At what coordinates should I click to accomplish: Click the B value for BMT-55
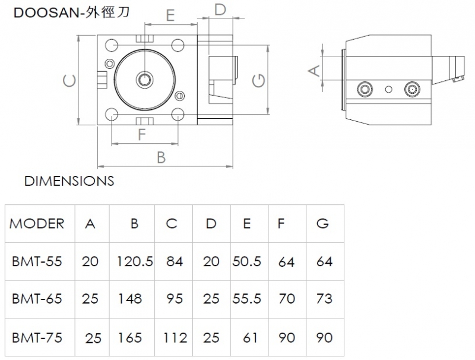(135, 261)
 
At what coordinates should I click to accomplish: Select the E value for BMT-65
(246, 299)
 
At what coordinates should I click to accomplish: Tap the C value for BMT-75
(175, 337)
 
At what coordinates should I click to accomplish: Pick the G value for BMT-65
(324, 299)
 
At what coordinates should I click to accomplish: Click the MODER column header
(37, 223)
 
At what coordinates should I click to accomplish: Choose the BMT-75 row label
(37, 337)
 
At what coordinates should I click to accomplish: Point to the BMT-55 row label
(37, 261)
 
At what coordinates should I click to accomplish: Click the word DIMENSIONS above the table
(69, 181)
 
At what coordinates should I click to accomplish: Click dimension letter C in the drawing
(69, 81)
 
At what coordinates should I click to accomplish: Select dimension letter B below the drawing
(161, 157)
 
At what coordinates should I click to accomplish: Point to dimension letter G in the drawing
(259, 81)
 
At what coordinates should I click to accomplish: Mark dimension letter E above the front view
(170, 15)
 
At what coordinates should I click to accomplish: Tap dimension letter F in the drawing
(142, 134)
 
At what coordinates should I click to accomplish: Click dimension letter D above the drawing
(220, 10)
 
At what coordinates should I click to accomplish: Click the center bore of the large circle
(145, 80)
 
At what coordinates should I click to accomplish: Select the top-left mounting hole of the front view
(112, 46)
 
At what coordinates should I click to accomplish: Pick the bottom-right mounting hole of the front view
(178, 115)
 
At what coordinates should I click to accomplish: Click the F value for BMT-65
(287, 299)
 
